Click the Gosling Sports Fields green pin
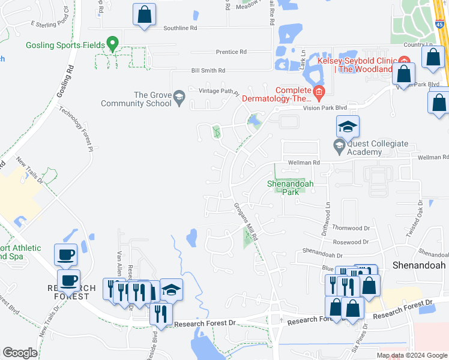[111, 44]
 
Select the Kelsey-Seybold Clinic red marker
[404, 61]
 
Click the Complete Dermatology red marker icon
[318, 92]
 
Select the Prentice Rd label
[231, 52]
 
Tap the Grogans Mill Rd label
[246, 219]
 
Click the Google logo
[20, 353]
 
